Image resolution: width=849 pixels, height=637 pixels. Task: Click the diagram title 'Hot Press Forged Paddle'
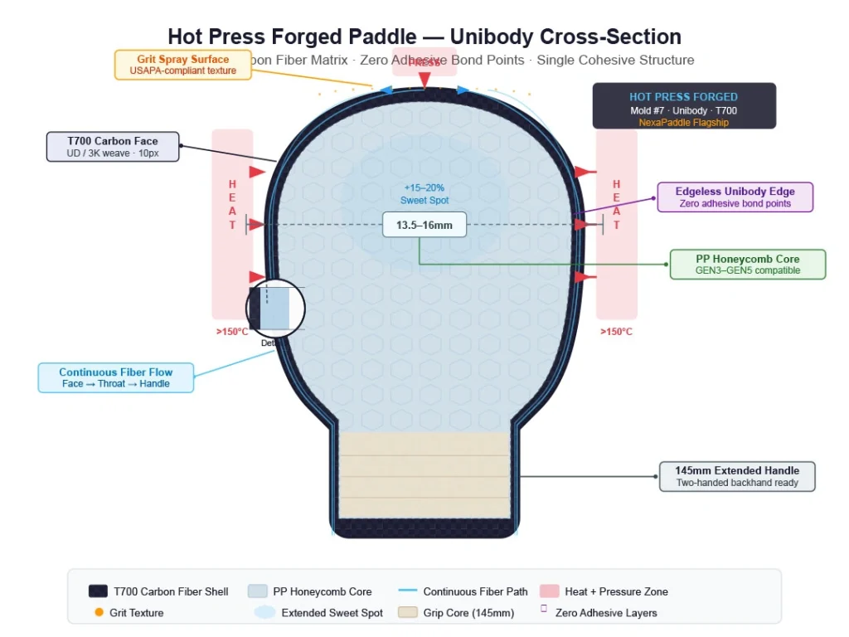coord(424,37)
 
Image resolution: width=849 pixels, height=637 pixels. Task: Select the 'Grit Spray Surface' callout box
coord(183,65)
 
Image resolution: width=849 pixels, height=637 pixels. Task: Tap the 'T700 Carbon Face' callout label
coord(113,147)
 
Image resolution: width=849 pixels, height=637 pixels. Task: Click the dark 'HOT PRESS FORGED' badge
coord(684,105)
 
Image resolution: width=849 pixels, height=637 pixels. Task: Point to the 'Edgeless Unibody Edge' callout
coord(735,197)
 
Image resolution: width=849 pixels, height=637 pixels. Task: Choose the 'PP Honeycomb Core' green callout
coord(748,265)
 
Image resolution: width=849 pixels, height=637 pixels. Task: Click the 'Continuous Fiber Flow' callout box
coord(116,377)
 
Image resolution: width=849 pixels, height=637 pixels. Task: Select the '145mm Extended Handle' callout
coord(737,477)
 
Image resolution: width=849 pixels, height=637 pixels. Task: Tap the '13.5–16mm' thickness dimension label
coord(424,225)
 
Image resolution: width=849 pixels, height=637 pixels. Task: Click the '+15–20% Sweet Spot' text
coord(424,194)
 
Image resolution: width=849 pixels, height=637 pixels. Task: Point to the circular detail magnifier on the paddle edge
coord(276,309)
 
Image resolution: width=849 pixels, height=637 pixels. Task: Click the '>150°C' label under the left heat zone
coord(232,332)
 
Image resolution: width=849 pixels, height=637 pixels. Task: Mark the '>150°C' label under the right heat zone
coord(616,332)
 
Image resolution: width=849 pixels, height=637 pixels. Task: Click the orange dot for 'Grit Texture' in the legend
coord(99,613)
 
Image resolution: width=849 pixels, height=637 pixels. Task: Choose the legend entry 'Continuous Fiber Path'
coord(475,591)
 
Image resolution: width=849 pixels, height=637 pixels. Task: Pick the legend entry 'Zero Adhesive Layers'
coord(606,613)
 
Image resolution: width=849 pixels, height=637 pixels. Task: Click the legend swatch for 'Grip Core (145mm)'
coord(407,613)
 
